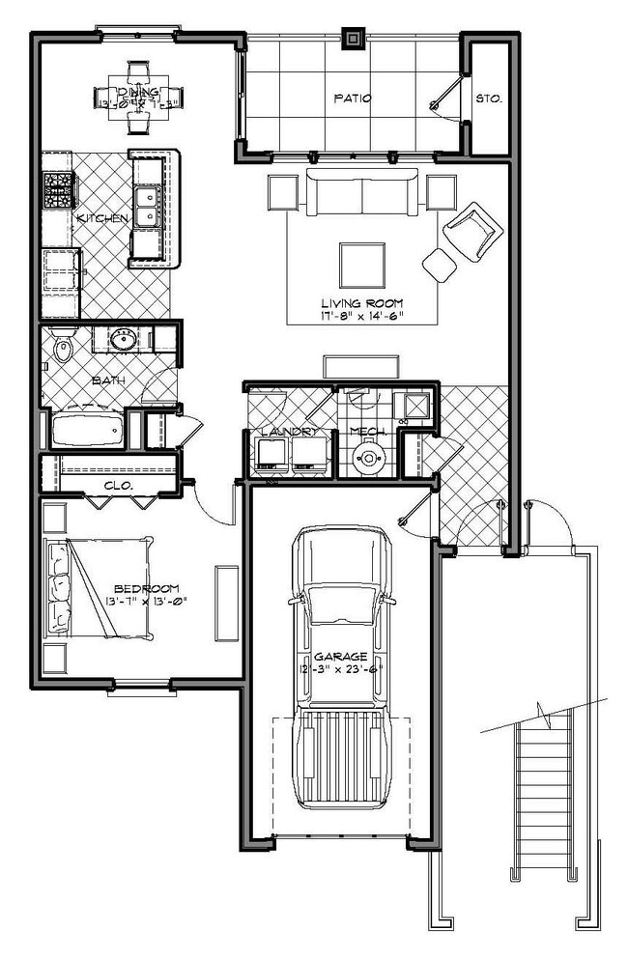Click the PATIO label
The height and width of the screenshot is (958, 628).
click(347, 98)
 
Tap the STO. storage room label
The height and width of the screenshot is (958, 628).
click(486, 99)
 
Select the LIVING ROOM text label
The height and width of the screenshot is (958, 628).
click(363, 303)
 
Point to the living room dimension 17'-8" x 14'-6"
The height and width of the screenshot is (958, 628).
click(363, 316)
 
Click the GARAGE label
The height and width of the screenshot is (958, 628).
click(340, 656)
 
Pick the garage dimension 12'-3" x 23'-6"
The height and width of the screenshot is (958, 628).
click(341, 668)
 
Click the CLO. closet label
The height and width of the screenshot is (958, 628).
click(118, 484)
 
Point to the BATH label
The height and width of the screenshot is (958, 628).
click(109, 380)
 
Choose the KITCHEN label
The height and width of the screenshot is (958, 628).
click(101, 219)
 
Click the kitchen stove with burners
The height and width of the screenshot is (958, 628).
click(58, 189)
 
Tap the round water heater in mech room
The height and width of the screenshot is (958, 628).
click(368, 460)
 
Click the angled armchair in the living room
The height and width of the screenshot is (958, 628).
click(473, 230)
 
